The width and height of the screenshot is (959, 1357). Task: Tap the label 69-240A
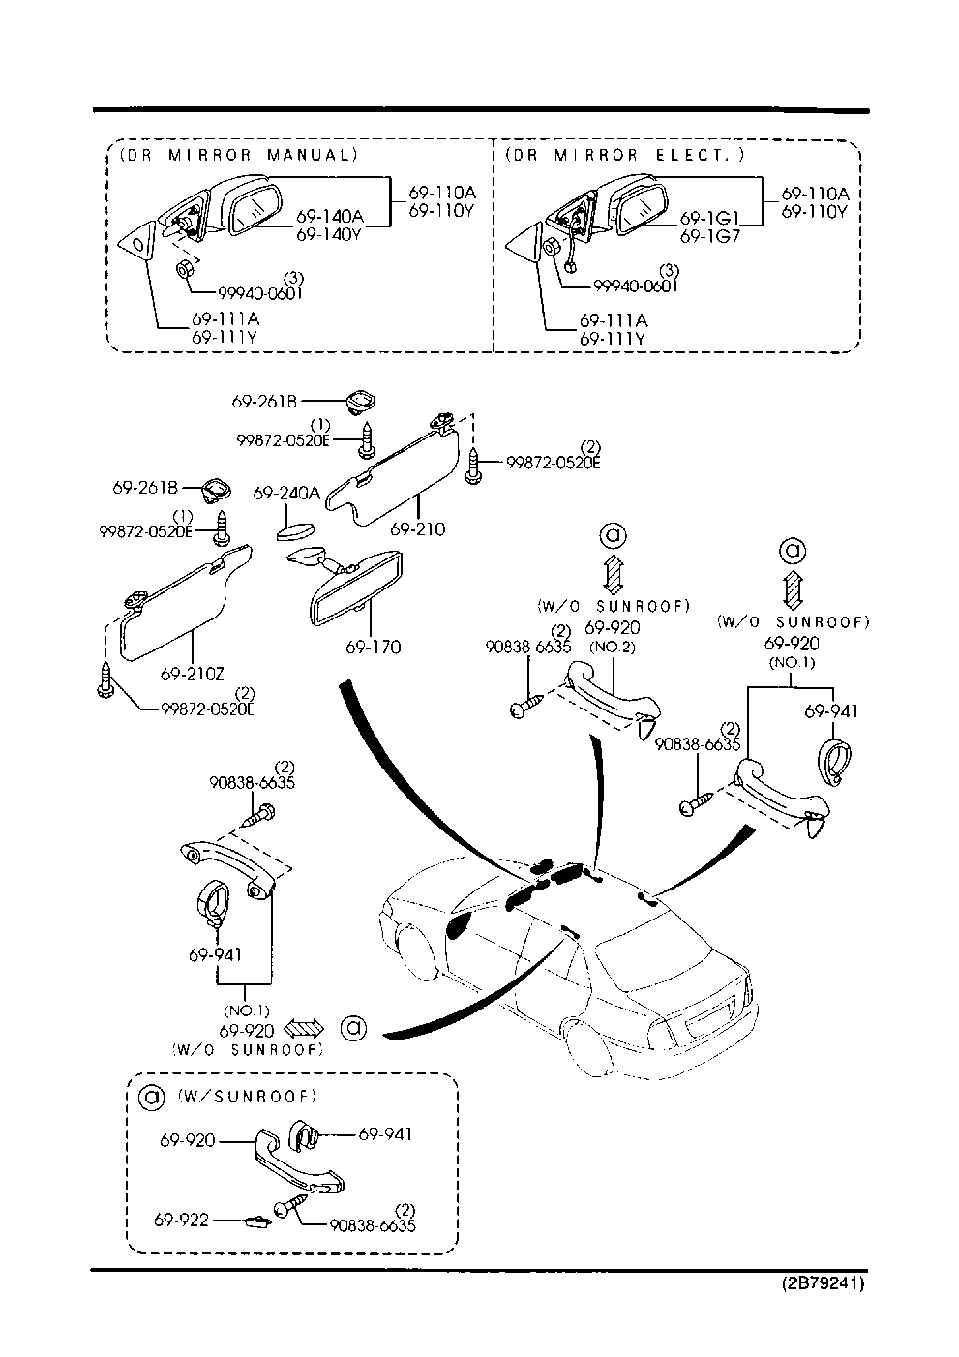(286, 493)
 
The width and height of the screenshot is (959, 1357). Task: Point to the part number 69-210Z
(193, 673)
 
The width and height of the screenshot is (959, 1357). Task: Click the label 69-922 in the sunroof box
(182, 1221)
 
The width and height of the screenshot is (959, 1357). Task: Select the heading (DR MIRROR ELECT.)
(624, 155)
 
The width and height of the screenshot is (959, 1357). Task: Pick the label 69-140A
(329, 216)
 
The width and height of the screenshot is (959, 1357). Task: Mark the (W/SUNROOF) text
(248, 1097)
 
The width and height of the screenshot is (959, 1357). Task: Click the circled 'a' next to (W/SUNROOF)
(152, 1097)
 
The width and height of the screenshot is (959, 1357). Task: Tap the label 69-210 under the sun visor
(418, 529)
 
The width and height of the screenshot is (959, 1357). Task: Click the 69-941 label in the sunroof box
(385, 1133)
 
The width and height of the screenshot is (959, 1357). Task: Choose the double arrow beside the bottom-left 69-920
(308, 1029)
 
